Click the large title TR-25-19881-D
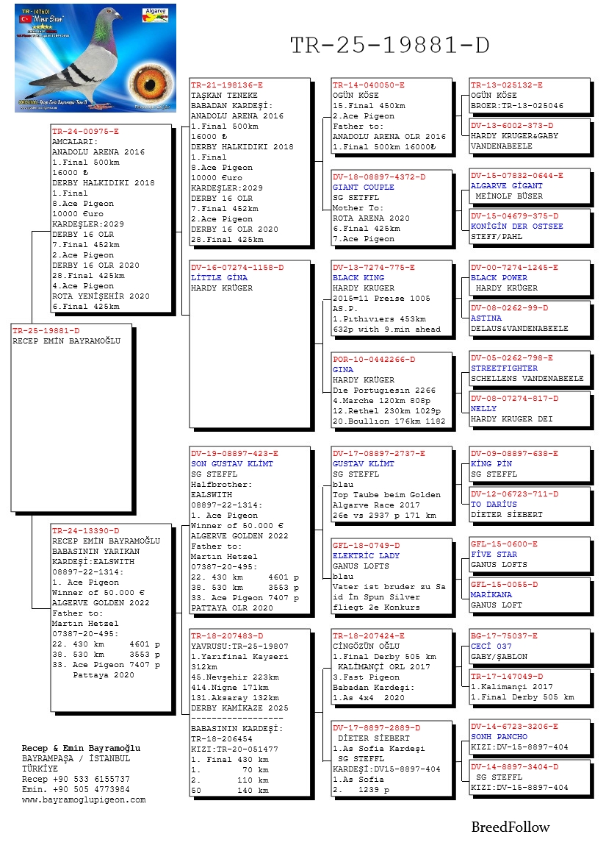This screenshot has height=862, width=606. (x=389, y=46)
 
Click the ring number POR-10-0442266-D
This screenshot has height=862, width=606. (x=373, y=360)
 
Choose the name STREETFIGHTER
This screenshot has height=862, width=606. (x=504, y=368)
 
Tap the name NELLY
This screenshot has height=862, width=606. (x=483, y=409)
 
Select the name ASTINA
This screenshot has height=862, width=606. (x=486, y=318)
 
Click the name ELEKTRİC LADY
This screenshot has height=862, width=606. (x=366, y=555)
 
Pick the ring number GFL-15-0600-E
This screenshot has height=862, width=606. (x=504, y=544)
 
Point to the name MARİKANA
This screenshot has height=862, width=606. (x=491, y=595)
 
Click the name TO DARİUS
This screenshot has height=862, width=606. (x=494, y=505)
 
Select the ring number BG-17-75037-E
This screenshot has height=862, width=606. (x=504, y=635)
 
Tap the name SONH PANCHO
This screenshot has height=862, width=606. (x=499, y=736)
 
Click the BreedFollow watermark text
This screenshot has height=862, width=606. (x=510, y=827)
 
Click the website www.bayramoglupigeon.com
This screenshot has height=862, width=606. (x=84, y=799)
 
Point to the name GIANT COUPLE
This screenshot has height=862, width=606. (x=363, y=188)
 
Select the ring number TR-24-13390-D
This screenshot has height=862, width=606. (x=85, y=530)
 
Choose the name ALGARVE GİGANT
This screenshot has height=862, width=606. (x=506, y=187)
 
